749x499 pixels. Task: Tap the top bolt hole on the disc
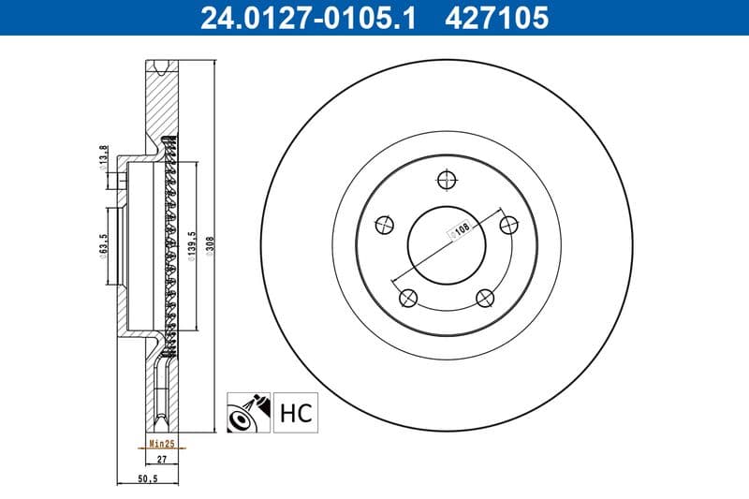pyautogui.click(x=446, y=179)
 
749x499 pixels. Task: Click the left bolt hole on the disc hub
pyautogui.click(x=382, y=225)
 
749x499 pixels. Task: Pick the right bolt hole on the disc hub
pyautogui.click(x=509, y=225)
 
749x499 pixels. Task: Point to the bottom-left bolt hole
pyautogui.click(x=406, y=298)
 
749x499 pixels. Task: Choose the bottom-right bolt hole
pyautogui.click(x=484, y=298)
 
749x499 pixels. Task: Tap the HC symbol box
pyautogui.click(x=295, y=412)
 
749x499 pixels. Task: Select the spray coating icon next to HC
pyautogui.click(x=249, y=412)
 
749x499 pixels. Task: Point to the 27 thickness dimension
pyautogui.click(x=160, y=460)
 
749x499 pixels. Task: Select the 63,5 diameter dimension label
pyautogui.click(x=103, y=249)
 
